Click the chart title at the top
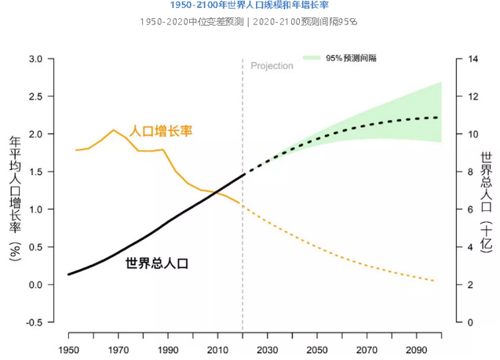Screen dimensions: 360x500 tap(249, 5)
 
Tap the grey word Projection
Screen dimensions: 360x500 tap(272, 66)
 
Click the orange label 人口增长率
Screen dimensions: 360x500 tap(161, 130)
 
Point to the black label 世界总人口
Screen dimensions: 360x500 tap(157, 264)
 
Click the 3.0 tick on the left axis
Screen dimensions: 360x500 tap(35, 59)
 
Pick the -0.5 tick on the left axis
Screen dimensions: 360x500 tap(34, 322)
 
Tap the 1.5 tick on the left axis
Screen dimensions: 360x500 tap(35, 172)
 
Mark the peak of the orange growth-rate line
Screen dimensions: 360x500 tap(114, 130)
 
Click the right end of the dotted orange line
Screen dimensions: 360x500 tap(433, 281)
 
